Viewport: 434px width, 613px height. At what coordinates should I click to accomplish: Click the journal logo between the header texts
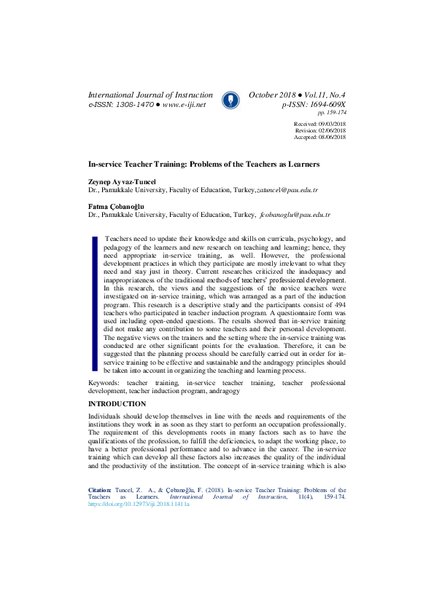[230, 100]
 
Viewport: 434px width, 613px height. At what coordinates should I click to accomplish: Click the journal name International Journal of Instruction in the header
[150, 95]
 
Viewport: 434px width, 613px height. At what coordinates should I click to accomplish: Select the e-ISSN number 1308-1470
[134, 105]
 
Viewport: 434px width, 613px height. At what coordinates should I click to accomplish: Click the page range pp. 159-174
[332, 113]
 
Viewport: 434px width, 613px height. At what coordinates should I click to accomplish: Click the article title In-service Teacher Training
[204, 165]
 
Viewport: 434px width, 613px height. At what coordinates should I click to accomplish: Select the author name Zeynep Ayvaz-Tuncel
[123, 181]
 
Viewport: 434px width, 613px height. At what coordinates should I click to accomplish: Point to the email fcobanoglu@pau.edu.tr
[295, 215]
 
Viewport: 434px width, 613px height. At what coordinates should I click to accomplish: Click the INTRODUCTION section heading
[117, 404]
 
